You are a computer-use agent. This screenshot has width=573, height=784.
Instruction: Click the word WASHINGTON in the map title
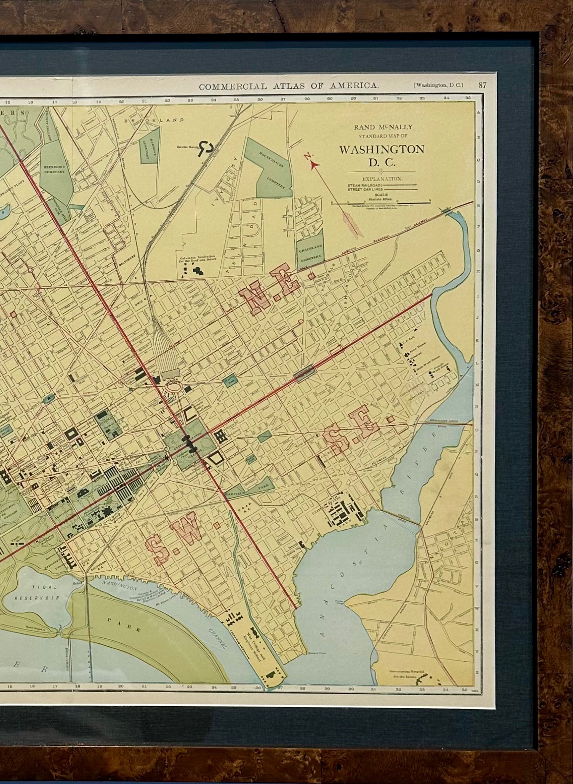tap(381, 149)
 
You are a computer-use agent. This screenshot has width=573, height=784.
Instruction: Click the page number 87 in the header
tap(482, 85)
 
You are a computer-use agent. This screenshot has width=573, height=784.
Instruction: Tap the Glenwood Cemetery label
tap(54, 169)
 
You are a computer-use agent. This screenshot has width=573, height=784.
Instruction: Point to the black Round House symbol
tap(206, 147)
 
